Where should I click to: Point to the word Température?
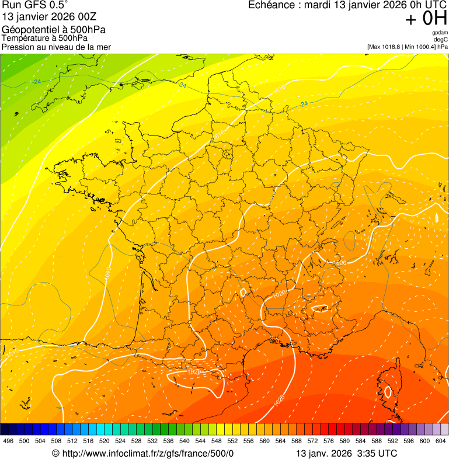coord(25,38)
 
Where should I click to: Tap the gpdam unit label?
coord(440,33)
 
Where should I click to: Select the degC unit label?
coord(441,40)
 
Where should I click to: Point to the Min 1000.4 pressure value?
coord(420,47)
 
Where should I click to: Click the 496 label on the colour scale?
coord(8,441)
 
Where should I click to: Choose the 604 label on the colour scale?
coord(441,441)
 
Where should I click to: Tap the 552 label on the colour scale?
coord(232,441)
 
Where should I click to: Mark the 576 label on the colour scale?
coord(329,441)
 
